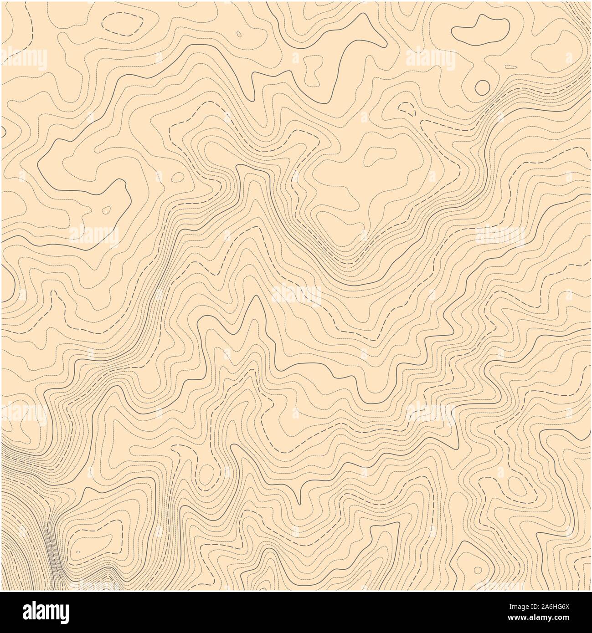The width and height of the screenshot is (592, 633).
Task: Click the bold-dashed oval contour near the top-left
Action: (123, 23)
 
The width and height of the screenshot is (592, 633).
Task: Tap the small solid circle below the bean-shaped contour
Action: (482, 87)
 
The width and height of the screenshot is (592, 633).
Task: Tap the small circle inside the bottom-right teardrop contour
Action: (477, 569)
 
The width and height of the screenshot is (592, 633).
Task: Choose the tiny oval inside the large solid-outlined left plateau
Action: (107, 210)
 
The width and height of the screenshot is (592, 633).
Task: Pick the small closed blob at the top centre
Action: (313, 70)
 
